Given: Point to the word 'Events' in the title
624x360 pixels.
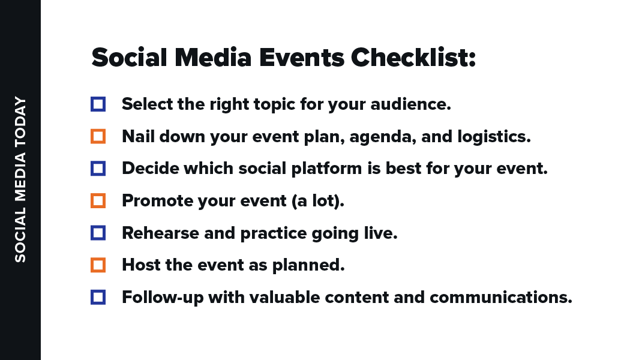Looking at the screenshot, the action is tap(302, 58).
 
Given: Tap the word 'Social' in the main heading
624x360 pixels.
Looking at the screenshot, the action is tap(130, 58).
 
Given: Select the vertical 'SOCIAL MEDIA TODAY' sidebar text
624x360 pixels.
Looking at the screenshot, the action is tap(20, 179).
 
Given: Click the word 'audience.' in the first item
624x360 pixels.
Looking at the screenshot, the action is tap(410, 104).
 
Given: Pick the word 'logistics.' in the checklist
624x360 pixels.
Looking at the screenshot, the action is tap(494, 137).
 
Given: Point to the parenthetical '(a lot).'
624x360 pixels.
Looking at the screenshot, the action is tap(317, 201).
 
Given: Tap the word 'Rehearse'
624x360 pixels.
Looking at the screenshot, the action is tap(160, 233).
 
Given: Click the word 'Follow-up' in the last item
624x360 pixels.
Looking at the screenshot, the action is tap(163, 298).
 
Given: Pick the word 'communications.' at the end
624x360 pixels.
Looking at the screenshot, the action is tap(501, 298).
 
